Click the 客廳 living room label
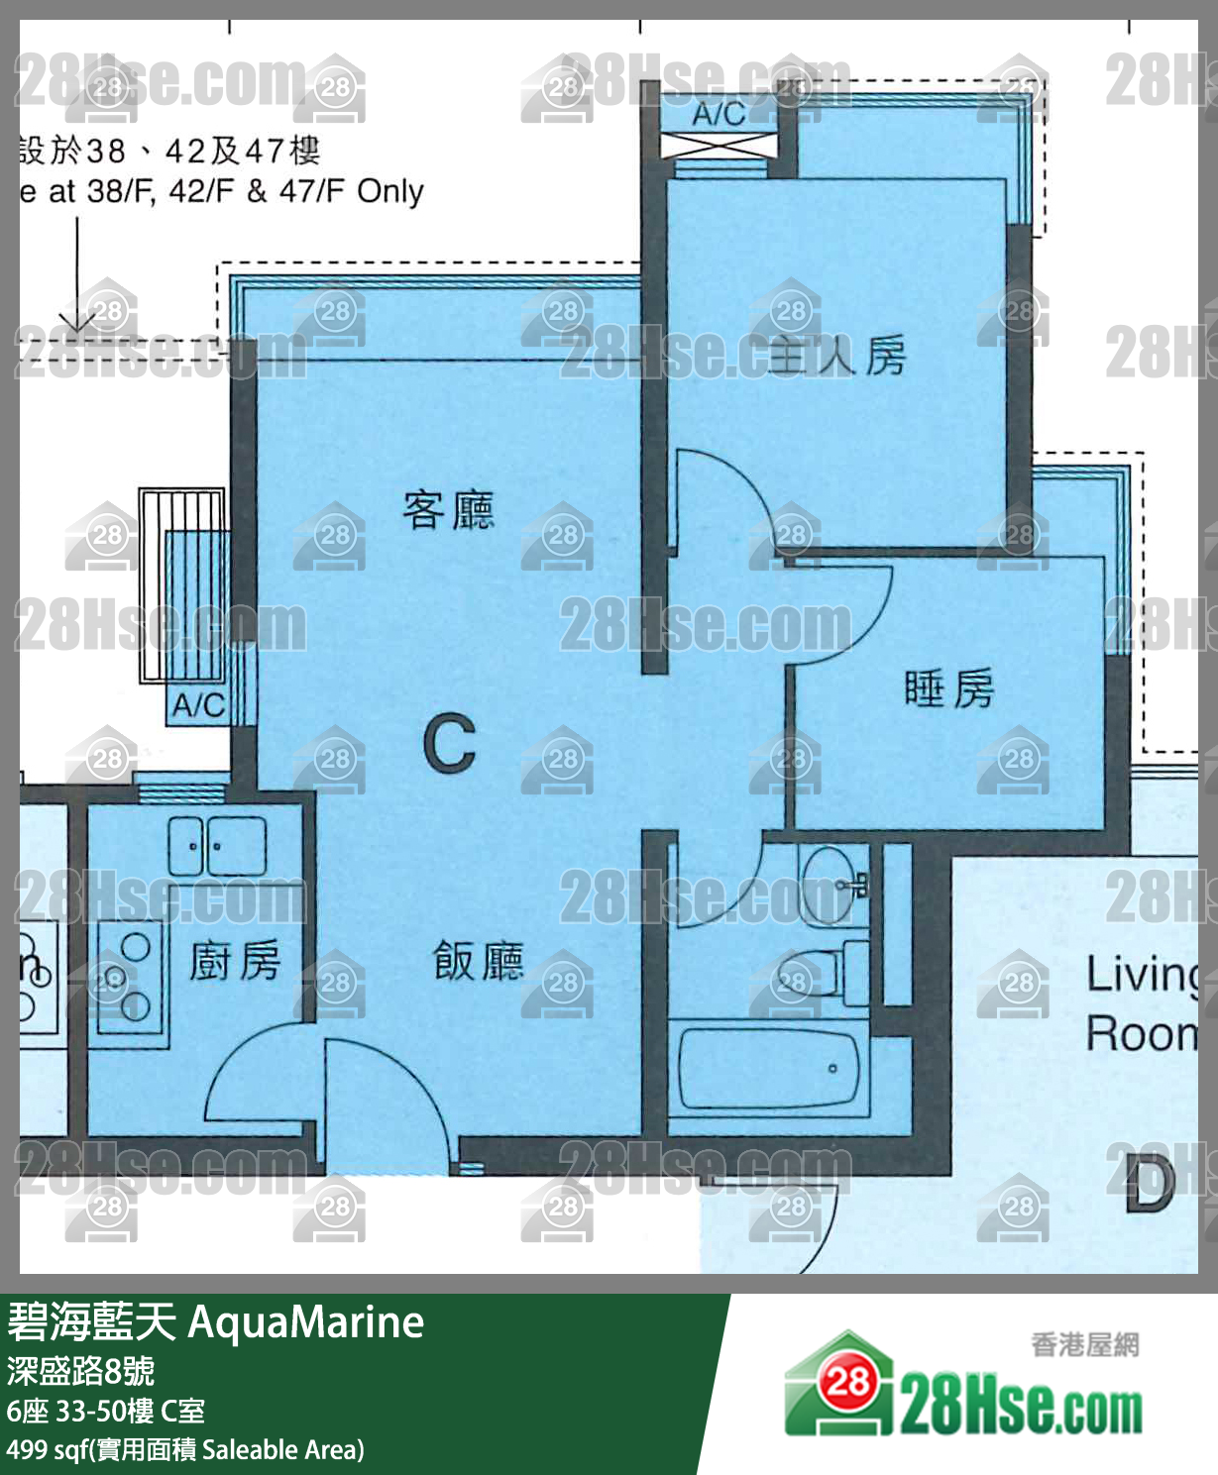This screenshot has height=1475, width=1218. tap(448, 510)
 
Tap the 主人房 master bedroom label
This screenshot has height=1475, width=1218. tap(838, 356)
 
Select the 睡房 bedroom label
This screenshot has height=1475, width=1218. tap(948, 687)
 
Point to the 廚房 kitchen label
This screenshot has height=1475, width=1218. tap(235, 960)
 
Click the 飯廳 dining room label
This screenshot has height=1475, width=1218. tap(479, 960)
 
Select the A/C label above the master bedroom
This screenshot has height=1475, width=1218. tap(719, 113)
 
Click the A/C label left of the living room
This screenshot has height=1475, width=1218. tap(197, 705)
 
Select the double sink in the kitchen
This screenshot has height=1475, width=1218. tap(216, 846)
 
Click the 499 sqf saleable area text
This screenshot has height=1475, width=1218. tap(185, 1450)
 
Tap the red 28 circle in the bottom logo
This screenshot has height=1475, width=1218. tap(848, 1380)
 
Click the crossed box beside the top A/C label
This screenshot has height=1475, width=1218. tap(720, 147)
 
